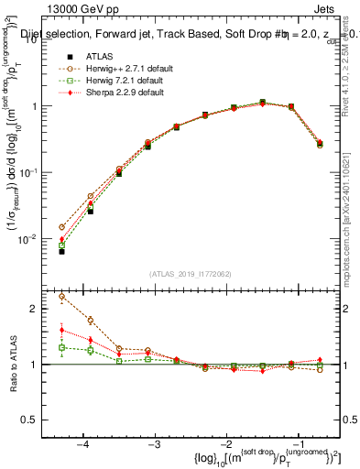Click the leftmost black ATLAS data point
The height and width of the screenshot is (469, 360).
(x=61, y=251)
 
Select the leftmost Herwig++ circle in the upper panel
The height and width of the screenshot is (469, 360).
(x=61, y=227)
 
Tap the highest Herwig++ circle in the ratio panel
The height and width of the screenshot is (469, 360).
(x=61, y=296)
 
